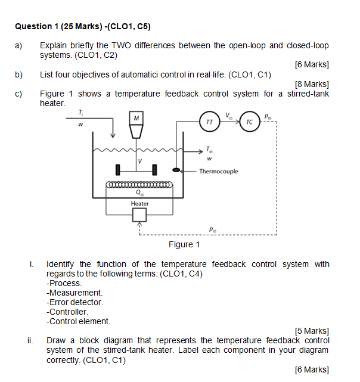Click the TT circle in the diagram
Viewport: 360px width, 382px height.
pos(209,121)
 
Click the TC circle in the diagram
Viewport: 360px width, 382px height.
pos(249,121)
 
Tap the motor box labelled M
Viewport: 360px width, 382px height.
pos(137,119)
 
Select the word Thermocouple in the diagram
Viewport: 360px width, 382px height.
pos(218,172)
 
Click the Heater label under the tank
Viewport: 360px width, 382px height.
pos(140,204)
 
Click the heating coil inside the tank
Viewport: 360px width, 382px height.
pos(139,185)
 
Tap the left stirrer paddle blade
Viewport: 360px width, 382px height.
pos(118,170)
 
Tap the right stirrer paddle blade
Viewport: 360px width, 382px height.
pos(156,170)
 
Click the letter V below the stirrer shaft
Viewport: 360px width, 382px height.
pos(140,161)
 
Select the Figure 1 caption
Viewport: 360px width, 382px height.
pos(184,244)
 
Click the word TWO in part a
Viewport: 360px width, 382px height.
pos(137,45)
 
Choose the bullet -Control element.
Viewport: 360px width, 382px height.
pos(78,321)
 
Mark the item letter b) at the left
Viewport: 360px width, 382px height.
pos(19,74)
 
